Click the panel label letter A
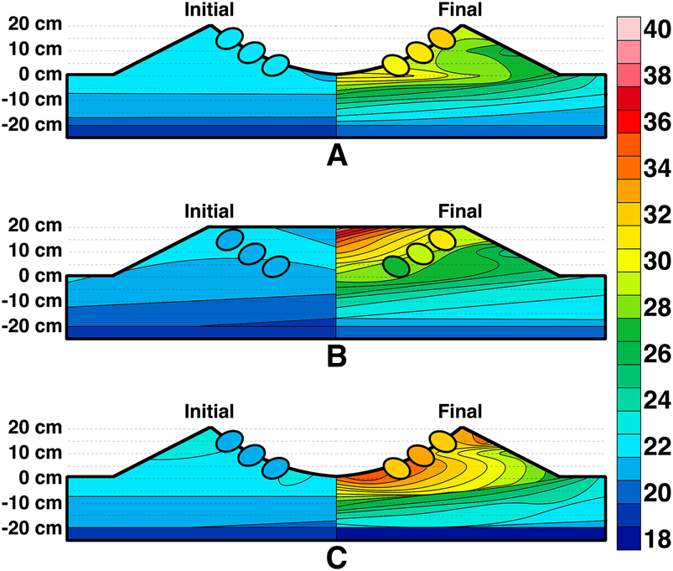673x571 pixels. (337, 155)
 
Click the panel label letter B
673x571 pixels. (337, 356)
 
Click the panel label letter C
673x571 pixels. (337, 558)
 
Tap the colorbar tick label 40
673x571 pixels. (657, 29)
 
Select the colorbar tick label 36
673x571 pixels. (657, 122)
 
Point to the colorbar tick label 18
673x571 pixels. (657, 539)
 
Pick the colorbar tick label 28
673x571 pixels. (657, 308)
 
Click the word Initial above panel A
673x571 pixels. (209, 9)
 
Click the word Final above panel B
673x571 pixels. (459, 211)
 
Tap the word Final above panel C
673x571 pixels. (459, 412)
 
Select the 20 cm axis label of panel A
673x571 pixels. (35, 24)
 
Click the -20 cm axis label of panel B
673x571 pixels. (32, 326)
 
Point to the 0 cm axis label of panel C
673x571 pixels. (41, 477)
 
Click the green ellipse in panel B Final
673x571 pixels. (396, 267)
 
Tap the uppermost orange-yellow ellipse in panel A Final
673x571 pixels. (442, 39)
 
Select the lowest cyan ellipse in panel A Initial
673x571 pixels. (275, 65)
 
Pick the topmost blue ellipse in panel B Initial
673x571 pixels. (230, 240)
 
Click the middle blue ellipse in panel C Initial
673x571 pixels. (252, 455)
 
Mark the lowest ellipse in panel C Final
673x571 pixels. (397, 468)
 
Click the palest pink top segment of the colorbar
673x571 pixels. (629, 29)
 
